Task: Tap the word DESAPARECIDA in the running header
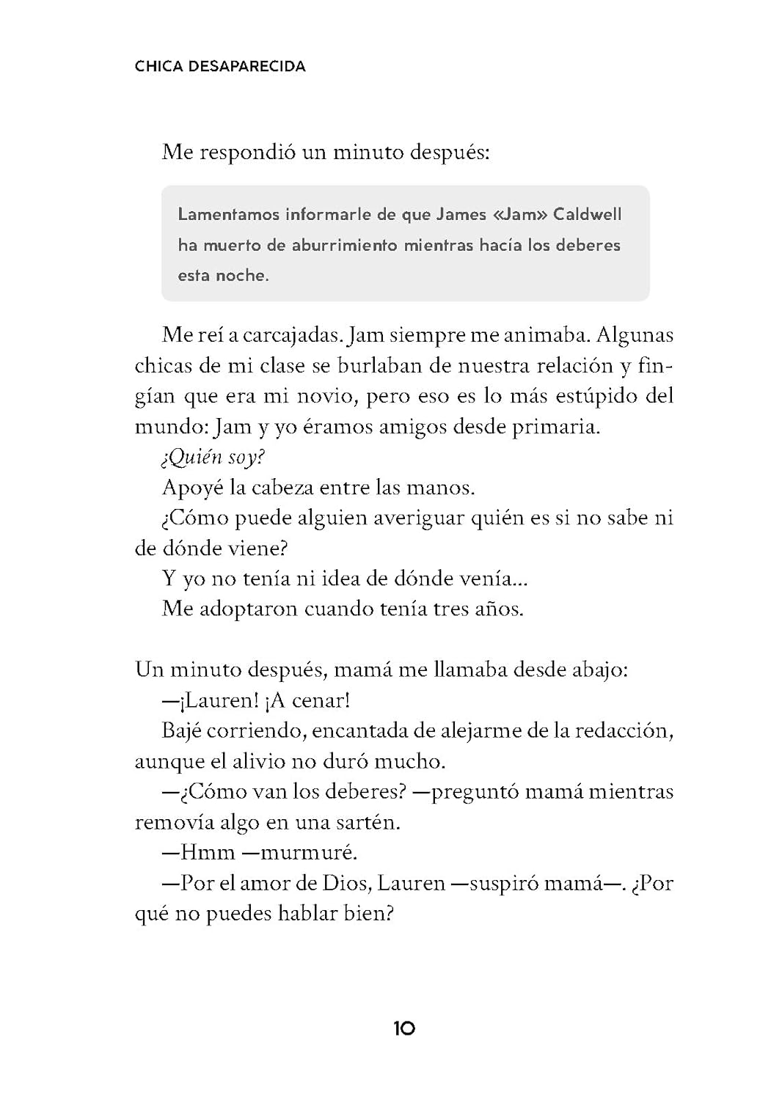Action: click(x=247, y=67)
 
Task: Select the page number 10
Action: click(x=404, y=1028)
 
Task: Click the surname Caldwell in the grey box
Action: click(x=587, y=215)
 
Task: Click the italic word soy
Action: click(x=247, y=458)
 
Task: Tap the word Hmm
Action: click(x=208, y=852)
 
